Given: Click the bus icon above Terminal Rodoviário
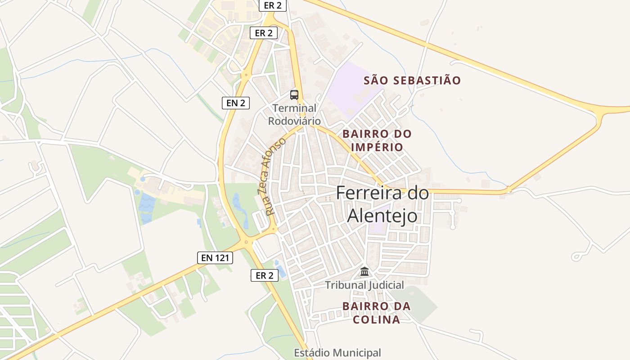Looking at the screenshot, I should point(294,95).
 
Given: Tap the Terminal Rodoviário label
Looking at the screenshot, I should point(294,115).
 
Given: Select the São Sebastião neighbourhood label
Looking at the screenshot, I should point(412,81).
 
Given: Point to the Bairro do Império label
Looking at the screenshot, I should point(377,140).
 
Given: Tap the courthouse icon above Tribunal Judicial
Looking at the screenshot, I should point(364,271).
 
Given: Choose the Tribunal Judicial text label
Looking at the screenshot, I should point(364,285).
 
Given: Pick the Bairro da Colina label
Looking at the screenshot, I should point(377,313).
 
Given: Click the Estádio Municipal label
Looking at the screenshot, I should point(337,353).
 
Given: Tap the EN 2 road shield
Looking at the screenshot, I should point(235,103).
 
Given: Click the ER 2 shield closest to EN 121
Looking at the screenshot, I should point(264,276).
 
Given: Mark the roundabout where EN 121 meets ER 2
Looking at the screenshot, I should point(246,242).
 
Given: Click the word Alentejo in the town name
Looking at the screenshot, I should point(382,216).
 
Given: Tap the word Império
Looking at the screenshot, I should point(377,147).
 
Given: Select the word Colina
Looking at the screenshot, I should point(377,319).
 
